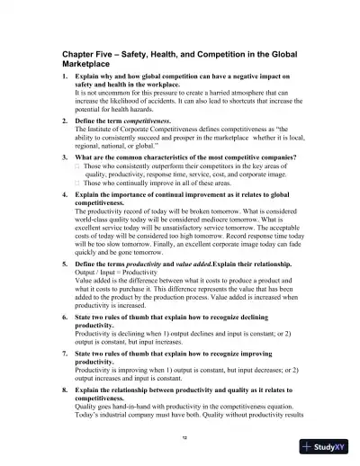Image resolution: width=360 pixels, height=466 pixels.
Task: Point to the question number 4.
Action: (65, 193)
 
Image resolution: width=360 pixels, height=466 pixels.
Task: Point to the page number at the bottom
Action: (184, 435)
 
